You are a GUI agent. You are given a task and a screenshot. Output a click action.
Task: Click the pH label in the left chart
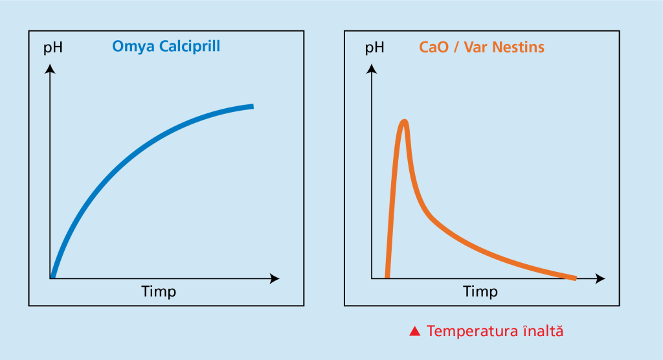click(52, 48)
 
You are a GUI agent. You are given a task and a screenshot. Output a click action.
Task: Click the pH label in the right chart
click(374, 48)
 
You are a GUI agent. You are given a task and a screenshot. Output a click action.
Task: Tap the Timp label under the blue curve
click(159, 291)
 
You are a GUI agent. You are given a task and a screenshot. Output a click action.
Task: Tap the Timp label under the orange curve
click(480, 291)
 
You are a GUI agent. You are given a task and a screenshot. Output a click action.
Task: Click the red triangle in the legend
click(416, 332)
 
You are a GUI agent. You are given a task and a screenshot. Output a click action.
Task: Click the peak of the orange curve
click(405, 121)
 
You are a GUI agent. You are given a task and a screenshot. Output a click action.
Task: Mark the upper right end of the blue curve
click(251, 106)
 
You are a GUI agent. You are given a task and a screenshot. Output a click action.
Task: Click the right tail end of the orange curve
click(574, 278)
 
